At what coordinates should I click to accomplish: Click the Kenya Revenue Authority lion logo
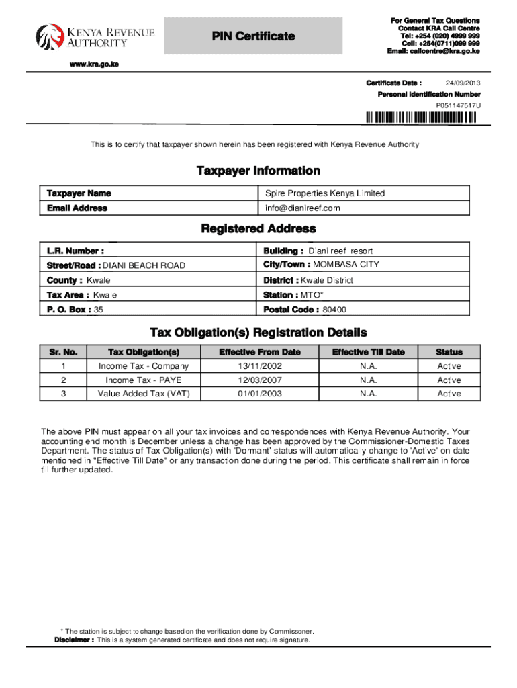pyautogui.click(x=47, y=38)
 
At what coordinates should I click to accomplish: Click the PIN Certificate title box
pyautogui.click(x=253, y=36)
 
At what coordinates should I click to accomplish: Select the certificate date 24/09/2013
pyautogui.click(x=463, y=83)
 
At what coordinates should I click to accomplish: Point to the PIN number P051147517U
pyautogui.click(x=459, y=105)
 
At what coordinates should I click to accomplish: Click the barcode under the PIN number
pyautogui.click(x=421, y=118)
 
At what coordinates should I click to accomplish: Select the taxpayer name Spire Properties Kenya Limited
pyautogui.click(x=325, y=193)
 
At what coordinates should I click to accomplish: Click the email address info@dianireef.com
pyautogui.click(x=303, y=208)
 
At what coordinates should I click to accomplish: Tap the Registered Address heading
pyautogui.click(x=258, y=230)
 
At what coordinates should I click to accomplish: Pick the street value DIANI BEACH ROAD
pyautogui.click(x=144, y=265)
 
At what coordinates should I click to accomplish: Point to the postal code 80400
pyautogui.click(x=334, y=310)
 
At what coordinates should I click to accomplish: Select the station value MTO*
pyautogui.click(x=310, y=295)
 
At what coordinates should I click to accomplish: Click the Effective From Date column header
pyautogui.click(x=259, y=352)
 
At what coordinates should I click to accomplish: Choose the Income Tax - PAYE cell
pyautogui.click(x=144, y=380)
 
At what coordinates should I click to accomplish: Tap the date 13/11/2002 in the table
pyautogui.click(x=259, y=366)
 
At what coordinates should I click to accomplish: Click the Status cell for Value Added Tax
pyautogui.click(x=449, y=394)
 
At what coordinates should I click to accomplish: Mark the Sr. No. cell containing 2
pyautogui.click(x=63, y=380)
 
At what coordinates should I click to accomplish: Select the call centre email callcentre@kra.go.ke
pyautogui.click(x=433, y=52)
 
